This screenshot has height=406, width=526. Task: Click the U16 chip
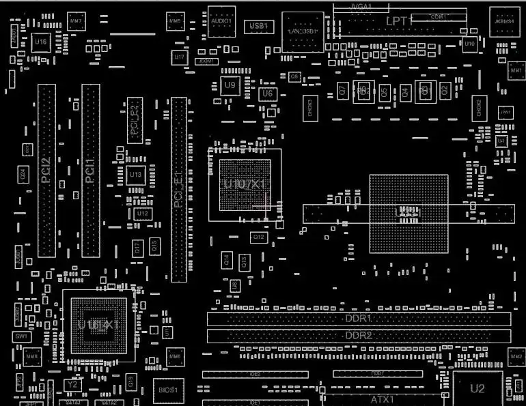tap(41, 42)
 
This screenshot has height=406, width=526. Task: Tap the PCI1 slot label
tap(90, 171)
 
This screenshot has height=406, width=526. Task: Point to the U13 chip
tap(135, 175)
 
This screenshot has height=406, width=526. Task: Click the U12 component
tap(142, 214)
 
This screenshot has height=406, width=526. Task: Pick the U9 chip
tap(230, 86)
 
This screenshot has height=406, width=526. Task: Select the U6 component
tap(267, 93)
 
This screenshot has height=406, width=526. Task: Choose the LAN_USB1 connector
tap(303, 32)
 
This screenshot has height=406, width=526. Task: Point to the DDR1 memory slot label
tap(358, 319)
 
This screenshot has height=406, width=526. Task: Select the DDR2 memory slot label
tap(358, 336)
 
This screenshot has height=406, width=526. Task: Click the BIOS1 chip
tap(168, 390)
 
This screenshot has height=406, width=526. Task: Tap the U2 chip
tap(477, 389)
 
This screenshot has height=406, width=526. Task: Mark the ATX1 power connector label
tap(383, 398)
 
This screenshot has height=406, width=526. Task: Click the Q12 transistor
tap(259, 237)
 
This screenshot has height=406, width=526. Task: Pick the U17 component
tap(180, 58)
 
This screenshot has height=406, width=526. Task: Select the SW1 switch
tap(22, 336)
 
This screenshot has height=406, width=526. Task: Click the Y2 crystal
tap(73, 385)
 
